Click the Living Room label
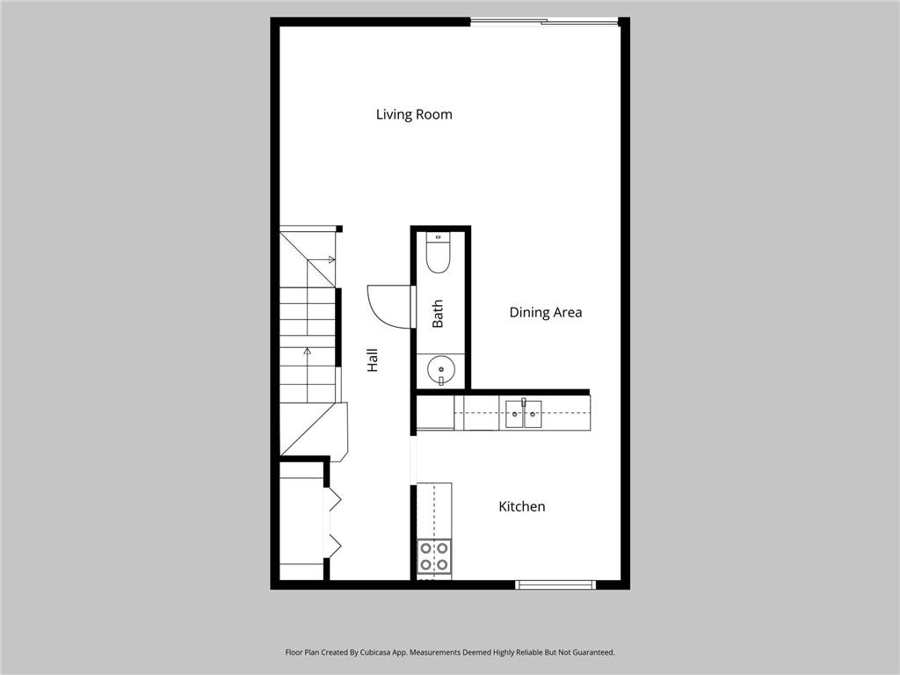pyautogui.click(x=414, y=114)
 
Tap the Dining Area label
pyautogui.click(x=545, y=312)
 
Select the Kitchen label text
pyautogui.click(x=521, y=506)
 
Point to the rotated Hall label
pyautogui.click(x=373, y=359)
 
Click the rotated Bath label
pyautogui.click(x=438, y=314)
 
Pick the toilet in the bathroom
pyautogui.click(x=438, y=252)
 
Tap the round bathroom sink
pyautogui.click(x=439, y=371)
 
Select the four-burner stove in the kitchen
pyautogui.click(x=434, y=556)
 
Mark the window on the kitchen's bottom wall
pyautogui.click(x=555, y=584)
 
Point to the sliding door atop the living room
pyautogui.click(x=545, y=21)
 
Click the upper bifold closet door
pyautogui.click(x=333, y=500)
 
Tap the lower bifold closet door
pyautogui.click(x=333, y=545)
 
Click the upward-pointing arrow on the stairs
pyautogui.click(x=307, y=352)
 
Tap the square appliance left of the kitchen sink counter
pyautogui.click(x=435, y=412)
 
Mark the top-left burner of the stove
pyautogui.click(x=426, y=548)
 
